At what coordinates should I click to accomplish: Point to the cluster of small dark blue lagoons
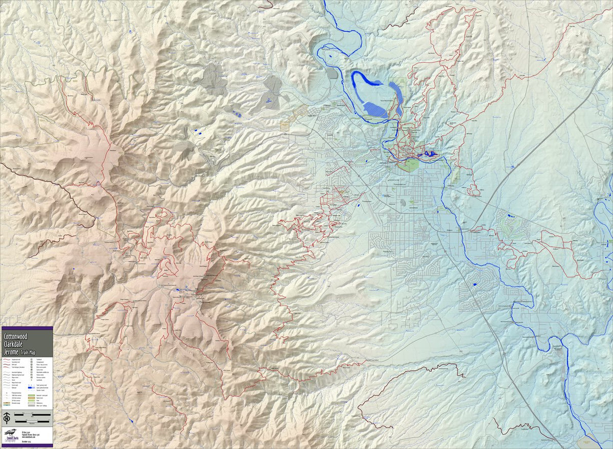(x=428, y=154)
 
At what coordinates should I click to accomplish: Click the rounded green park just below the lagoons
(x=409, y=165)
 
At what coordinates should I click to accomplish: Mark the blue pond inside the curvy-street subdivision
(x=475, y=284)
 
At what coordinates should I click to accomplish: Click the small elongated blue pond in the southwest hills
(x=132, y=421)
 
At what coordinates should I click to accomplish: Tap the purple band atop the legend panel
(x=27, y=328)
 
